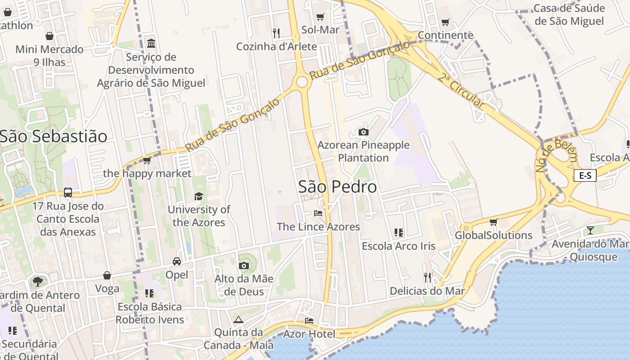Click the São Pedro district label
[337, 186]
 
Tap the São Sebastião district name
[54, 136]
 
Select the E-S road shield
[585, 175]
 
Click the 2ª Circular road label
[462, 91]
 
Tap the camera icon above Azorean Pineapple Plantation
[364, 132]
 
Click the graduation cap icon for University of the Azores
[198, 196]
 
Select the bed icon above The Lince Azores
[318, 213]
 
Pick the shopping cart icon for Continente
[445, 22]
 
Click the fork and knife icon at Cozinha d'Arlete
[276, 33]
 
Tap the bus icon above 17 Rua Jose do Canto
[68, 193]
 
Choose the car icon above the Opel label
[177, 261]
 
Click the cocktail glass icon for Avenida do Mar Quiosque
[590, 230]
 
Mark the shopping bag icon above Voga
[107, 275]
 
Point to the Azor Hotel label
[309, 334]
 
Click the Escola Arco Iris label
[399, 246]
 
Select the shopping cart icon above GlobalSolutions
[494, 222]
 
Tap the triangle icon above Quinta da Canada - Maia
[238, 319]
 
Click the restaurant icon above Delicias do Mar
[427, 278]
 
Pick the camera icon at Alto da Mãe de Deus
[244, 265]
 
